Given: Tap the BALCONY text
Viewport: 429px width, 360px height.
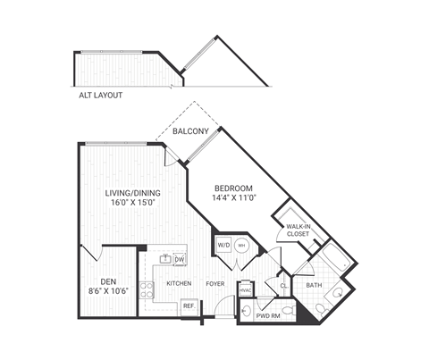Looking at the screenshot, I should coord(191,133).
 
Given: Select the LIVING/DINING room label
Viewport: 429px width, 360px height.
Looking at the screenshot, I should coord(131,192).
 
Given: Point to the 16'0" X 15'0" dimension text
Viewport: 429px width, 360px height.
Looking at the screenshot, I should coord(131,203).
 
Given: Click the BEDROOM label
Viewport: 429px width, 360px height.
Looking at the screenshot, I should coord(234,188).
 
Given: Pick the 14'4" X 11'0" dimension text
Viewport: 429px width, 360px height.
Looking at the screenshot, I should coord(234,198).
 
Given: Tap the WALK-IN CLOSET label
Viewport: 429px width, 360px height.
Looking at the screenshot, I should coord(299,230).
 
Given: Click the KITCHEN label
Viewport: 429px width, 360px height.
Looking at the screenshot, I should coord(180,284).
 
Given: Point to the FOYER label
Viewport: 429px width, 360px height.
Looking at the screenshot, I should coord(215,284).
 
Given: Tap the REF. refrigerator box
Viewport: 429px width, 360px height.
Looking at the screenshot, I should coord(189,306).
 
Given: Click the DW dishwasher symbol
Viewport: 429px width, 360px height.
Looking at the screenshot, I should coord(180,259).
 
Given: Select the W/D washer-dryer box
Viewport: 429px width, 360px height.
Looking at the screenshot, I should coord(223,246).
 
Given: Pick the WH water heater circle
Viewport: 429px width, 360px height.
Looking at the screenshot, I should coord(240,246).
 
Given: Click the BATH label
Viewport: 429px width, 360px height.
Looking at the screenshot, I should coord(314,286).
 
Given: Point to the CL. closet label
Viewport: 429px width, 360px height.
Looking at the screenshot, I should coord(283,286).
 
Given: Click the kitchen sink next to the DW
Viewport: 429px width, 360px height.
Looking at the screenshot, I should coord(165,259).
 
